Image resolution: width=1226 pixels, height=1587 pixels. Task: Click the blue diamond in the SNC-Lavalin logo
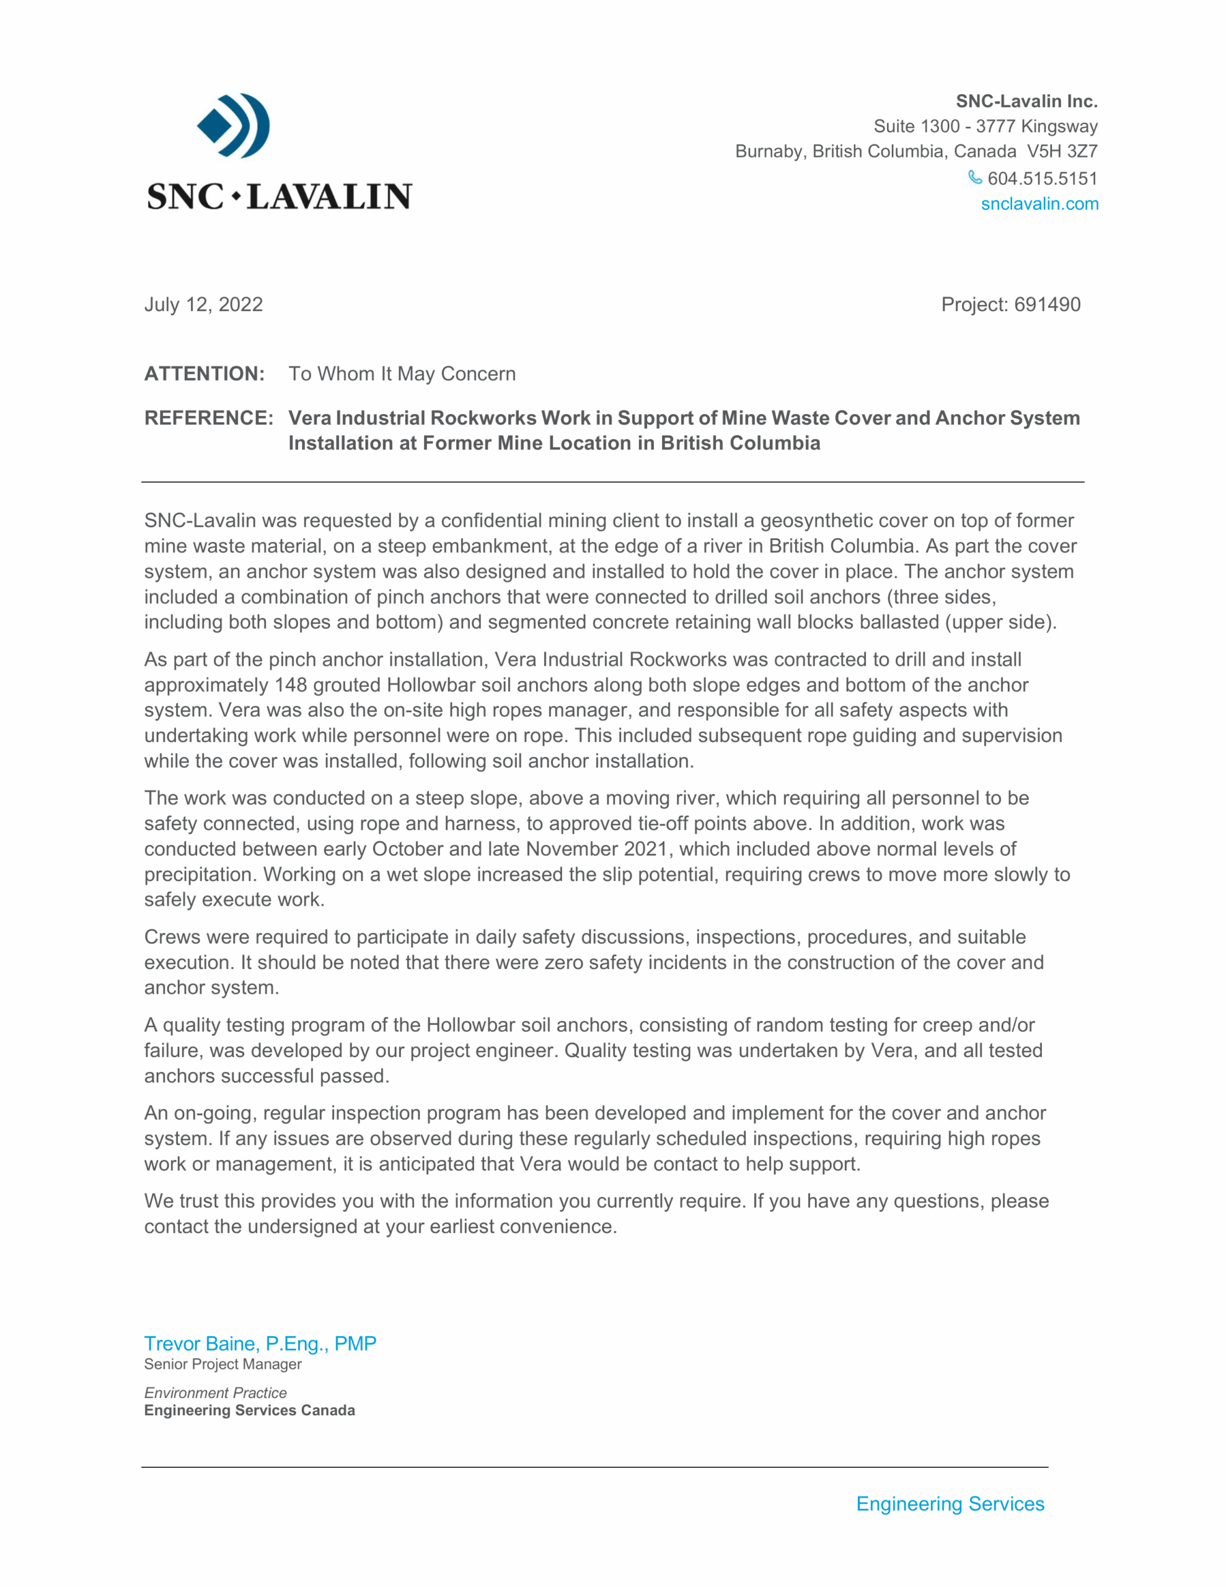pyautogui.click(x=214, y=125)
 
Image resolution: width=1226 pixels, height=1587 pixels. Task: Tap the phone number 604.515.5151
pyautogui.click(x=1042, y=178)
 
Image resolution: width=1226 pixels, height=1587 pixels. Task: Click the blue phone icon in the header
pyautogui.click(x=974, y=177)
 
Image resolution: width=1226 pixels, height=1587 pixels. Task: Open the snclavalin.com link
pyautogui.click(x=1039, y=203)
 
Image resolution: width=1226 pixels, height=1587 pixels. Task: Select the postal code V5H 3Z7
pyautogui.click(x=1062, y=151)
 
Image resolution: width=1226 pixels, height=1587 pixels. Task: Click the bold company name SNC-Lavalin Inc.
pyautogui.click(x=1026, y=101)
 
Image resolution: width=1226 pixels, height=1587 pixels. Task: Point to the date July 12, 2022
pyautogui.click(x=203, y=304)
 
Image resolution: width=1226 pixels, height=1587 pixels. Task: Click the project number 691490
pyautogui.click(x=1047, y=304)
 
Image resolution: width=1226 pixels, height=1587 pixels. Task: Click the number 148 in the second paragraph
pyautogui.click(x=291, y=684)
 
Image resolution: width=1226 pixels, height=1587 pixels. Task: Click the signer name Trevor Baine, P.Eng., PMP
pyautogui.click(x=260, y=1343)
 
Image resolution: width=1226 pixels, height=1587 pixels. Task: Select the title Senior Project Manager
pyautogui.click(x=223, y=1364)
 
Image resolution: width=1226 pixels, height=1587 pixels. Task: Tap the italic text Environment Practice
pyautogui.click(x=215, y=1392)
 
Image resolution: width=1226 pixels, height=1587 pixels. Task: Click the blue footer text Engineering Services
pyautogui.click(x=950, y=1503)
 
